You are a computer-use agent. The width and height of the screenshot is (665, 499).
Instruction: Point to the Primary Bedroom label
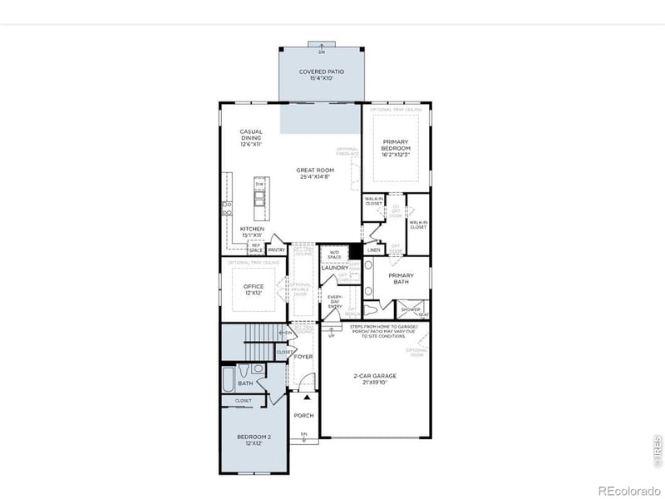tap(396, 146)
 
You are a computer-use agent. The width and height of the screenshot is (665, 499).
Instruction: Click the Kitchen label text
tap(252, 228)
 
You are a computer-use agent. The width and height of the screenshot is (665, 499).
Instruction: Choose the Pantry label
tap(277, 249)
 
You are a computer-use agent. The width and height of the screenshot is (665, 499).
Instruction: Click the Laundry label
tap(334, 268)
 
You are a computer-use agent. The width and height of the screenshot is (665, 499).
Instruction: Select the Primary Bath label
tap(401, 280)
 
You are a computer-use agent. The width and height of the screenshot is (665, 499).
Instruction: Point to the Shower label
tap(411, 309)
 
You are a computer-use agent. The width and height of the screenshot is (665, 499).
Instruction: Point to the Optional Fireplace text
tap(347, 151)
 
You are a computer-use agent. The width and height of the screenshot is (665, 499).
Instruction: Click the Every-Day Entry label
tap(334, 300)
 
